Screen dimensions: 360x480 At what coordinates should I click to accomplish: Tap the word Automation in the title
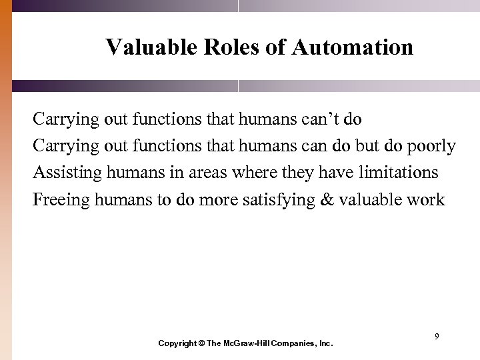352,48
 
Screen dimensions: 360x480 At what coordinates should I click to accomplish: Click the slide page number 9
437,337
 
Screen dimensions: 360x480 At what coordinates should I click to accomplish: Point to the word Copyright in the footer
177,343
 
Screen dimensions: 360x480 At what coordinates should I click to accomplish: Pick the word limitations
399,173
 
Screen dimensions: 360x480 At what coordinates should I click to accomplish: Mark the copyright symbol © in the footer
201,343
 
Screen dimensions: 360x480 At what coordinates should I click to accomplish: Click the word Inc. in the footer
325,343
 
